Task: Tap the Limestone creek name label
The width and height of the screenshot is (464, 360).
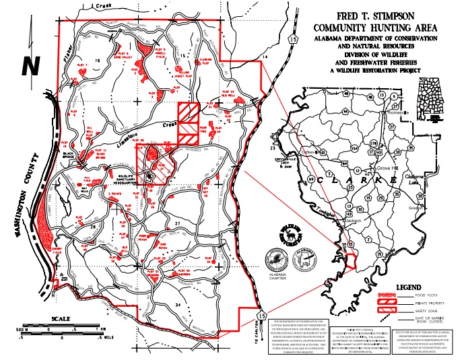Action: [134, 138]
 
